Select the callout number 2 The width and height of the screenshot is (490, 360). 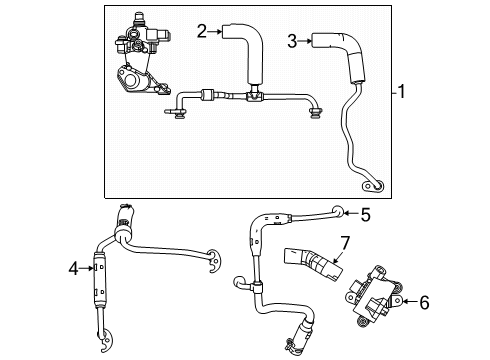coord(201,32)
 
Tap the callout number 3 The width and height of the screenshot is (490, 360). coord(293,41)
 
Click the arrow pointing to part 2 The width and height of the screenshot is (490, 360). coord(214,32)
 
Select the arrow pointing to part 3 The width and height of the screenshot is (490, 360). coord(305,41)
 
